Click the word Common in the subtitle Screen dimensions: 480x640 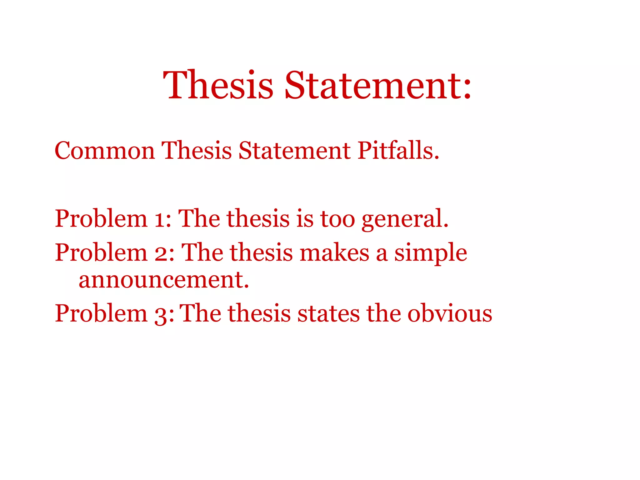[x=105, y=151]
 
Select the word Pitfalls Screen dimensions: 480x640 [x=398, y=151]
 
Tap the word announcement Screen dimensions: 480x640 [x=164, y=279]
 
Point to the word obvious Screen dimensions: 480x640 [x=450, y=313]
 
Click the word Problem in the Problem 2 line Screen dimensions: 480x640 [x=101, y=252]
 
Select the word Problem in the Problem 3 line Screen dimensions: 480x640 [x=101, y=313]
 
